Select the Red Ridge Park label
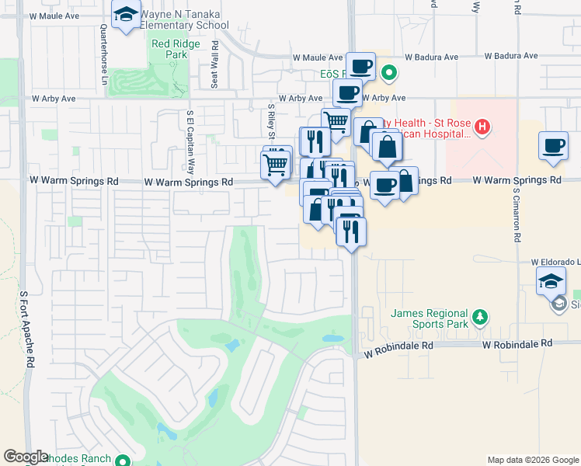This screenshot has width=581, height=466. tap(169, 50)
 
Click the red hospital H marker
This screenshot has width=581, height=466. tap(482, 127)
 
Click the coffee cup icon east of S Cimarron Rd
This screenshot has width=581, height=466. tap(553, 145)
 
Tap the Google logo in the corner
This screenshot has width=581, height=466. tap(26, 457)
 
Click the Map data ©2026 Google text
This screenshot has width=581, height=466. tap(532, 460)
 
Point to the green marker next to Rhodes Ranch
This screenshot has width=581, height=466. tap(122, 459)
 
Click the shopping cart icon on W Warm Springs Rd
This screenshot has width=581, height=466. tap(275, 165)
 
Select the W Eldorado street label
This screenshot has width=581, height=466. tap(555, 263)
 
